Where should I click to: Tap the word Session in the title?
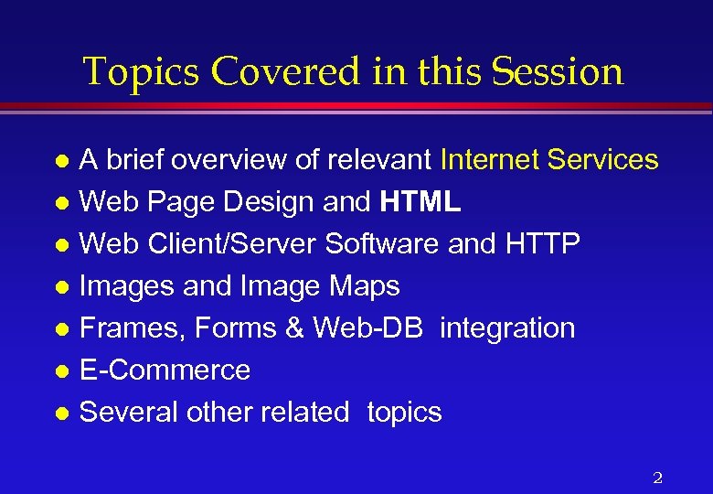(558, 71)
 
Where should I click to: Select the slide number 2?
(657, 477)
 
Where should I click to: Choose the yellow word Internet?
(489, 160)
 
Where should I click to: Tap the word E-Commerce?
(165, 370)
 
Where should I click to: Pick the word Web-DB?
(368, 328)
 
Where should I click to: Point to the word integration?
(507, 328)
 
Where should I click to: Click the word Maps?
(366, 286)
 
